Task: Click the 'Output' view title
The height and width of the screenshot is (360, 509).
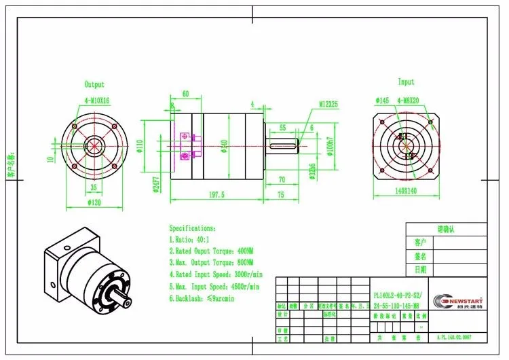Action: [x=94, y=85]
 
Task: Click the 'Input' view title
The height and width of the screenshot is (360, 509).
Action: [x=406, y=82]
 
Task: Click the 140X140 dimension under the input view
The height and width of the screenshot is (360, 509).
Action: [x=406, y=192]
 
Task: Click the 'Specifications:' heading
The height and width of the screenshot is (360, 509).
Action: [x=193, y=229]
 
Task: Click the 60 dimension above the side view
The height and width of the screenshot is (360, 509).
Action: [x=185, y=94]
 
